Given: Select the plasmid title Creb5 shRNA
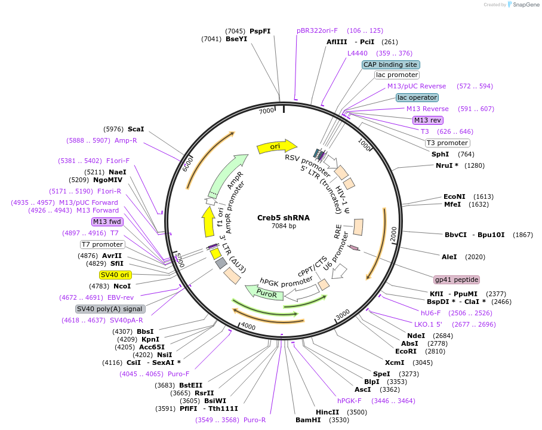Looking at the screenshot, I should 284,217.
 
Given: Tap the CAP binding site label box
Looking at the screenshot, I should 391,64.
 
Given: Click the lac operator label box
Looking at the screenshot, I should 417,97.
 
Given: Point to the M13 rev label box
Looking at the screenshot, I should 427,120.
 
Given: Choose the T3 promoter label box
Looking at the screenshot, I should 447,143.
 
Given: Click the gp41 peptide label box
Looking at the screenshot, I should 457,279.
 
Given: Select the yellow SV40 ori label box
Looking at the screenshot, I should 115,275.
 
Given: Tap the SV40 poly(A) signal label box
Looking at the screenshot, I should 110,309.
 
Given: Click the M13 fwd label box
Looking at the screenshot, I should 107,222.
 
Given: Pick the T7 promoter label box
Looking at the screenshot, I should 102,244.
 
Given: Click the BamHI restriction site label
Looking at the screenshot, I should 308,420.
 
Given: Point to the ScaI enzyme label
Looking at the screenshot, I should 136,129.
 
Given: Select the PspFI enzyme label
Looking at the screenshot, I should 260,31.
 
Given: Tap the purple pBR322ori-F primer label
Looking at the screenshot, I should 317,30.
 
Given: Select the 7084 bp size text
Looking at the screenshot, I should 284,226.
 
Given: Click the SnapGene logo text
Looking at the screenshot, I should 526,5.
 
